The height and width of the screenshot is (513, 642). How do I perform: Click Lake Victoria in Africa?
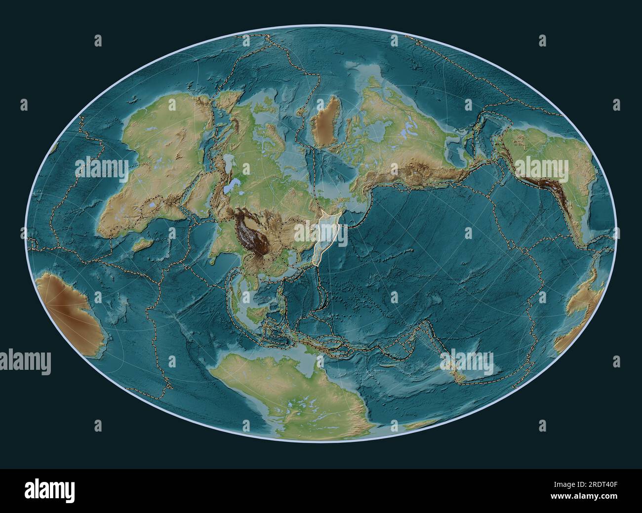pyautogui.click(x=155, y=203)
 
